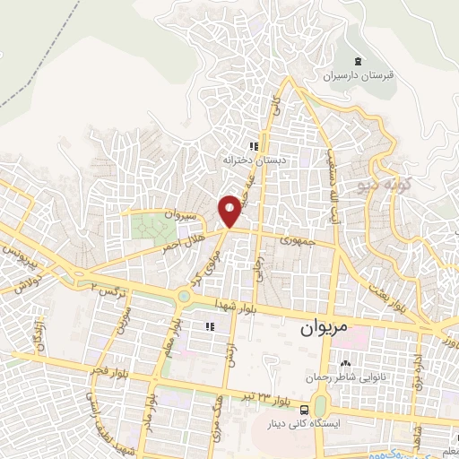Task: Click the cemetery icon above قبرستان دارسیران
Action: tap(359, 61)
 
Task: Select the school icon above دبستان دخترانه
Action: tap(255, 146)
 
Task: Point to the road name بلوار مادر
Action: tap(154, 408)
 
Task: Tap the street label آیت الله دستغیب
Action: tap(340, 148)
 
